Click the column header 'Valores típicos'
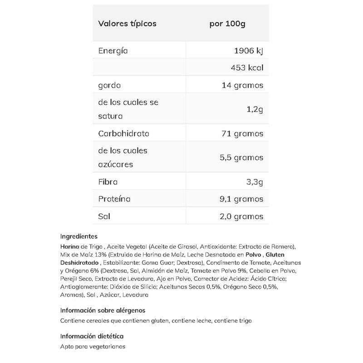coord(127,24)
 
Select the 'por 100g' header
coord(227,24)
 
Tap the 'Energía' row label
coord(113,50)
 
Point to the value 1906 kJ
coord(247,50)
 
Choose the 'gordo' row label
coord(110,85)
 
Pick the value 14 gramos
coord(242,85)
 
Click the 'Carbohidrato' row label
coord(124,134)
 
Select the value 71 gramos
coord(242,134)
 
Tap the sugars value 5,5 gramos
coord(241,157)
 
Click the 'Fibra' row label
coord(108,182)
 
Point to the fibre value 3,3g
coord(253,182)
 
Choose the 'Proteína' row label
coord(114,199)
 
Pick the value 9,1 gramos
coord(241,199)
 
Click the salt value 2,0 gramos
coord(241,216)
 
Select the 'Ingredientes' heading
coord(79,236)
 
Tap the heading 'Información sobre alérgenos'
coord(103,310)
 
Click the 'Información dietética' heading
coord(92,336)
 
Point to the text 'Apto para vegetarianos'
coord(93,346)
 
